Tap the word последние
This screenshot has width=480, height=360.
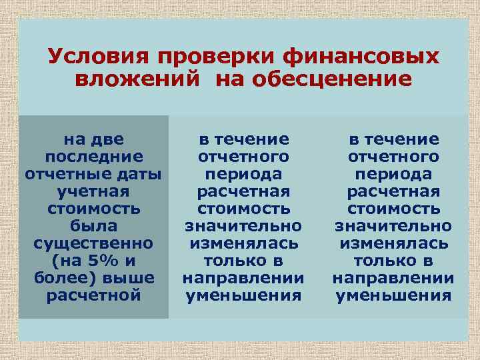(93, 157)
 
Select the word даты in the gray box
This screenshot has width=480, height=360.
(140, 174)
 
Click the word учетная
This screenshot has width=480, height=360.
(93, 191)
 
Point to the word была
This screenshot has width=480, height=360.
(93, 226)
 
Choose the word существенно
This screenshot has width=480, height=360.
(93, 243)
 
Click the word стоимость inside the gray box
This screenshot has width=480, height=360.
(93, 209)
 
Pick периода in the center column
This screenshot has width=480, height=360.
(243, 174)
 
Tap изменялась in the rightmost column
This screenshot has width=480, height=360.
(393, 243)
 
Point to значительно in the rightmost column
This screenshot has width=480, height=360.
(393, 226)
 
